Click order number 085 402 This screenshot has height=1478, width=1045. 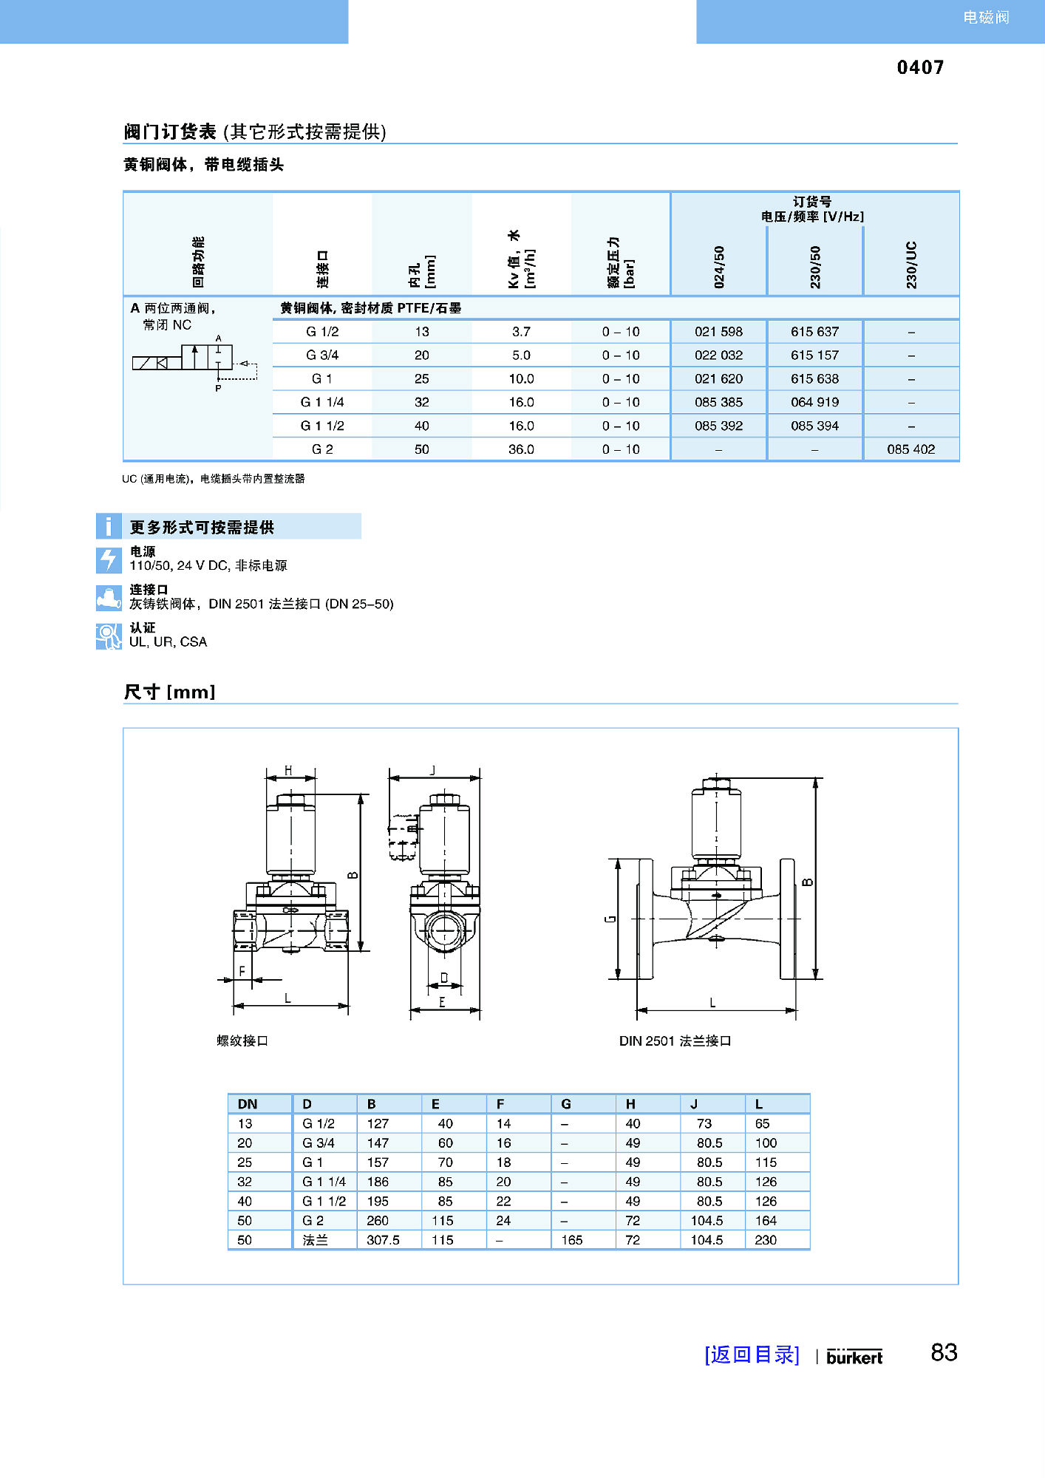(910, 449)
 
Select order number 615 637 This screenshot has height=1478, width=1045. (814, 332)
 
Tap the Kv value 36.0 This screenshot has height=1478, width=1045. (521, 449)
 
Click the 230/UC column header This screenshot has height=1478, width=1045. (911, 265)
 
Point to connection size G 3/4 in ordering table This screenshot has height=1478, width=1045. (322, 355)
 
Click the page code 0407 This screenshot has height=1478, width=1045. (920, 67)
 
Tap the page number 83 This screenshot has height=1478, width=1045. (944, 1352)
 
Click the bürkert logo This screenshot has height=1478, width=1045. (854, 1357)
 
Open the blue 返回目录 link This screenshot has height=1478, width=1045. (752, 1355)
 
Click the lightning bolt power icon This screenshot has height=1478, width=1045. (109, 559)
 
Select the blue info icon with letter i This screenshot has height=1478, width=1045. (109, 526)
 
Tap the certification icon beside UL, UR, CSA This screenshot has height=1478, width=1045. (109, 636)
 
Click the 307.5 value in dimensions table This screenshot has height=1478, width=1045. (383, 1240)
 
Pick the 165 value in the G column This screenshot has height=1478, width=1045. (571, 1240)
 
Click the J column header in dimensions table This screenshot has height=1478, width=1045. (694, 1104)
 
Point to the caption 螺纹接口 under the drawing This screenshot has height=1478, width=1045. (242, 1041)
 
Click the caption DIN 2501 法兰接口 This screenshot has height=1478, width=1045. (675, 1041)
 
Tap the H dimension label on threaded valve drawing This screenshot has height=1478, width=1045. (288, 771)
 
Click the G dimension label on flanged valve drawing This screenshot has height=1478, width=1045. (610, 919)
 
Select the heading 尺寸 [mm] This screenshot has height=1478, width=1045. (169, 692)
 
